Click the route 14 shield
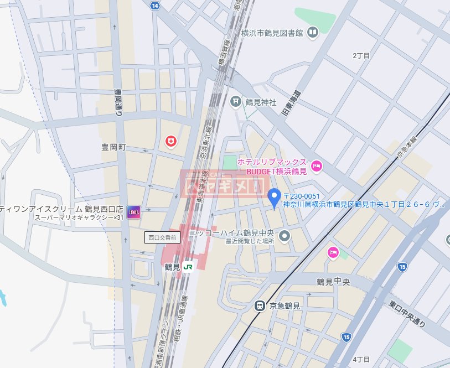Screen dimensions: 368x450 coord(155,6)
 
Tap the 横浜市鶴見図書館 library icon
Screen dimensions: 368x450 coord(313,33)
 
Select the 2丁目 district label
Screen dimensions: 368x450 coord(360,56)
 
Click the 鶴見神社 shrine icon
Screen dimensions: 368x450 coord(236,102)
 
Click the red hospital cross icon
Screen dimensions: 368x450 coord(172,142)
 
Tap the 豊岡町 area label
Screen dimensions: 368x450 coord(115,148)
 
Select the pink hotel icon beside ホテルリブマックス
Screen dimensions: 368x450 coord(317,165)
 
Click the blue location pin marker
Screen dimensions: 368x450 coord(274,198)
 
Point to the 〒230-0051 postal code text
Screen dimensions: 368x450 coord(302,195)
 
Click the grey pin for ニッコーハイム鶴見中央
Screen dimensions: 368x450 coord(285,236)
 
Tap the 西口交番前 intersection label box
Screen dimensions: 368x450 coord(162,237)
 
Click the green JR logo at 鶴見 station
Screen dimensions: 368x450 coord(188,267)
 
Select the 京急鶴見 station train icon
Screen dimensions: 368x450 coord(258,305)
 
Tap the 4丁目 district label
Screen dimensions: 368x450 coord(360,360)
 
